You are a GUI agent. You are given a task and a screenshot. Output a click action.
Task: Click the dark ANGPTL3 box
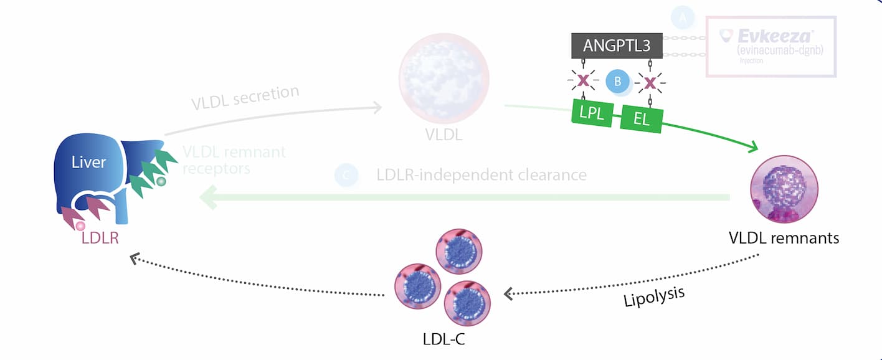pos(617,45)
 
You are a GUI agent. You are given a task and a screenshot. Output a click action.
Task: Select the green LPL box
pos(592,113)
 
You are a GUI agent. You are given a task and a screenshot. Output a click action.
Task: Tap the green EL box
pos(642,118)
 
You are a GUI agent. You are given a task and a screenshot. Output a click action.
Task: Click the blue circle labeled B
pos(618,81)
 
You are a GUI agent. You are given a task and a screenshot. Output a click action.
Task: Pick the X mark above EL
pos(650,82)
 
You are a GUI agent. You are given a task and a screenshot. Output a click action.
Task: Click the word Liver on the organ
pos(88,163)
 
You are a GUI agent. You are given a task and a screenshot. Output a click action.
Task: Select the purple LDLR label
pos(100,237)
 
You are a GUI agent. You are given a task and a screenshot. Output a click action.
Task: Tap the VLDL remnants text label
pos(784,238)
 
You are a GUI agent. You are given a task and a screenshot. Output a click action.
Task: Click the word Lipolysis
pos(654,296)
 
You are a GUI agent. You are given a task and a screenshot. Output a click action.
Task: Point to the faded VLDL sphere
pos(443,77)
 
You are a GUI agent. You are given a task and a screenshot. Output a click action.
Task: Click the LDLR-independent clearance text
pos(481,175)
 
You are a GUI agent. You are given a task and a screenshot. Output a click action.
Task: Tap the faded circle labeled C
pos(346,176)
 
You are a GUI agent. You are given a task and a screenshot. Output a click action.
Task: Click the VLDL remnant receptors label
pos(234,160)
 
